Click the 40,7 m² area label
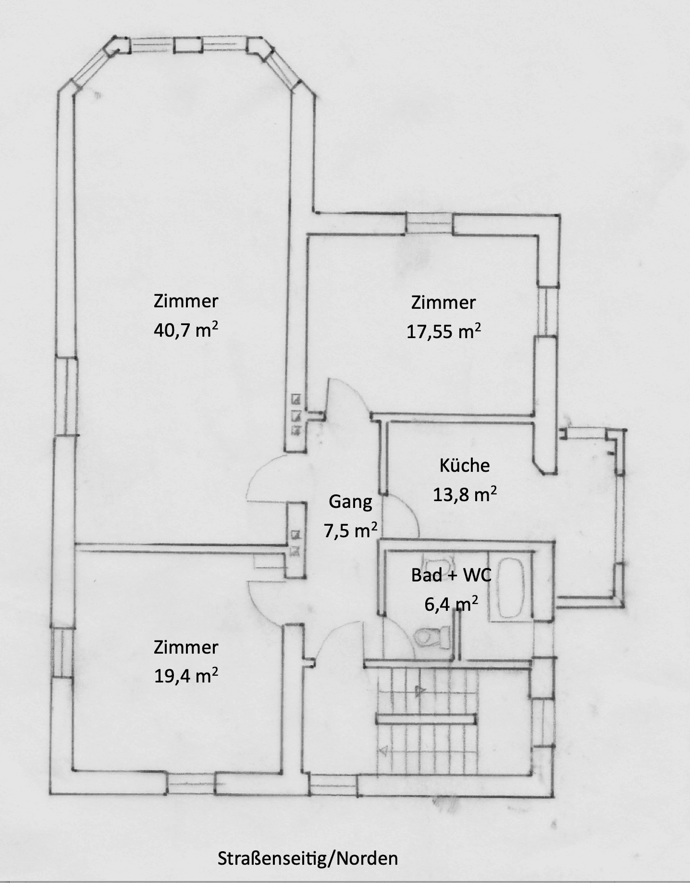pyautogui.click(x=186, y=330)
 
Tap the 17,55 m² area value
pyautogui.click(x=444, y=331)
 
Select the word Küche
pyautogui.click(x=465, y=465)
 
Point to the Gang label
pyautogui.click(x=350, y=502)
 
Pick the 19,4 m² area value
pyautogui.click(x=186, y=676)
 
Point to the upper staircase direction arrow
pyautogui.click(x=419, y=692)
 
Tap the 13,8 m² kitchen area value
pyautogui.click(x=465, y=494)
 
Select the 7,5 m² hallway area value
pyautogui.click(x=350, y=531)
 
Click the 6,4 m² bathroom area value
pyautogui.click(x=451, y=603)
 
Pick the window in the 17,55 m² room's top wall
pyautogui.click(x=429, y=224)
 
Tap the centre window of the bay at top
pyautogui.click(x=188, y=44)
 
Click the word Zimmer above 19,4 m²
pyautogui.click(x=186, y=647)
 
